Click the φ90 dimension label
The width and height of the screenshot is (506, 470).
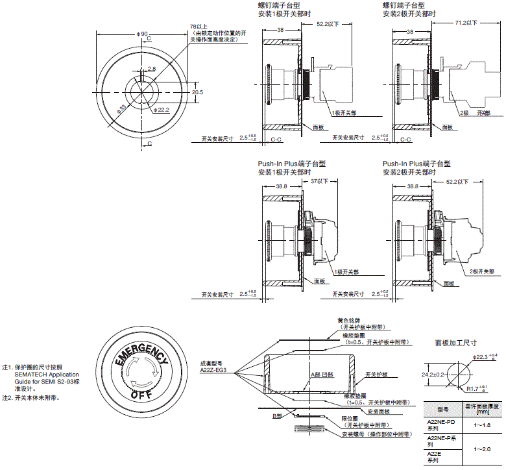point(142,34)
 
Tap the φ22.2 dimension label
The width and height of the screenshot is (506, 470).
point(162,110)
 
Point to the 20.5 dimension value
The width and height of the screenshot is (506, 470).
point(197,92)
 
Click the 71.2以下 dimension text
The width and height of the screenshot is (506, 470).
point(466,23)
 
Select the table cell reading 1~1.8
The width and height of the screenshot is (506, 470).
point(481,425)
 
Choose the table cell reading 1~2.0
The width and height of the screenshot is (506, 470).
point(481,449)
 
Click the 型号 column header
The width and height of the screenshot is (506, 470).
point(442,410)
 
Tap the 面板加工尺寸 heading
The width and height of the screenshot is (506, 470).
point(455,342)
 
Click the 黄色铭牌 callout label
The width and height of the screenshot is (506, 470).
point(347,320)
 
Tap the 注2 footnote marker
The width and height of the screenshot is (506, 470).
point(7,398)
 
